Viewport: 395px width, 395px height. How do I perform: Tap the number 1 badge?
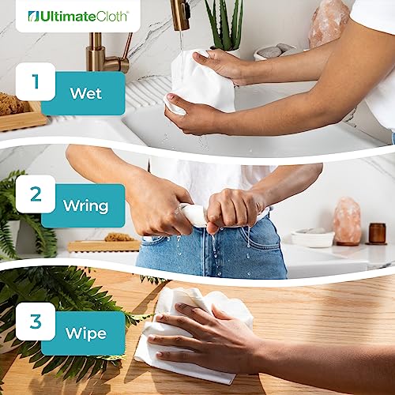pos(36,81)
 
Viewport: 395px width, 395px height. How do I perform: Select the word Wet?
pos(85,92)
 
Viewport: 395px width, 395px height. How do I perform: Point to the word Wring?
pos(85,206)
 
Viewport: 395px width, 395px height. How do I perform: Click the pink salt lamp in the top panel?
pos(329,24)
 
